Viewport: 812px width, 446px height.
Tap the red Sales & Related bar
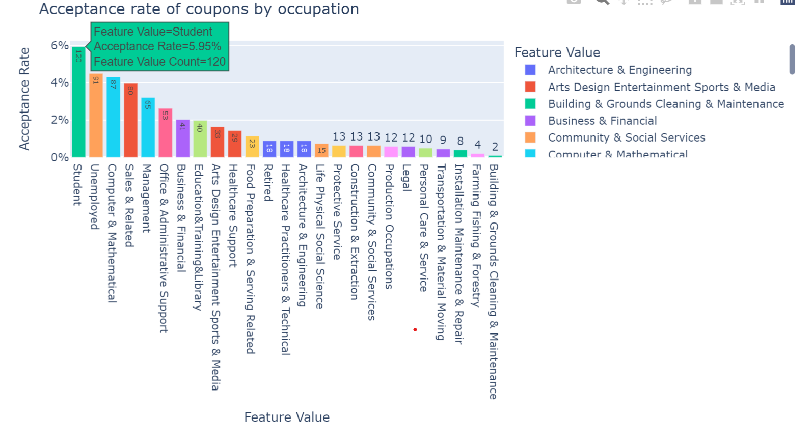(x=130, y=122)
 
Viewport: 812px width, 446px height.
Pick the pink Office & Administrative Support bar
(x=165, y=135)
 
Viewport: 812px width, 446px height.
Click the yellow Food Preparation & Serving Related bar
(x=252, y=148)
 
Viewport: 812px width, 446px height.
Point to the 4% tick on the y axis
(x=60, y=82)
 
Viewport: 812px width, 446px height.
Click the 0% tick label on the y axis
(x=60, y=157)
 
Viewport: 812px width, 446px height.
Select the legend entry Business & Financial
(x=602, y=121)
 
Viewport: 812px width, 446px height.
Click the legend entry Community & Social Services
(x=626, y=137)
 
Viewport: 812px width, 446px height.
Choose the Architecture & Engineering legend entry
(x=619, y=70)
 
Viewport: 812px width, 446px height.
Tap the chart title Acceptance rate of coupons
(x=199, y=9)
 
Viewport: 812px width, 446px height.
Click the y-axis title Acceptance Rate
(x=24, y=99)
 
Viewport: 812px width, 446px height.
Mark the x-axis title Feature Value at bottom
(x=287, y=417)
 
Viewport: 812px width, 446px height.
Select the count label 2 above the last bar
(x=495, y=147)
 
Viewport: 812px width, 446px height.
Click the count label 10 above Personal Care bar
(x=425, y=139)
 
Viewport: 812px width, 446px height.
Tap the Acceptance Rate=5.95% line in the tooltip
(x=157, y=46)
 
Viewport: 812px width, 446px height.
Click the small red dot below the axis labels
(x=415, y=330)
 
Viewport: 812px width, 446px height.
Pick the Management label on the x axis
(x=147, y=198)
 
